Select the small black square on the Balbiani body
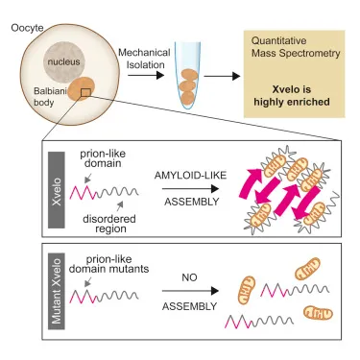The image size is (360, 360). coord(86,92)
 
